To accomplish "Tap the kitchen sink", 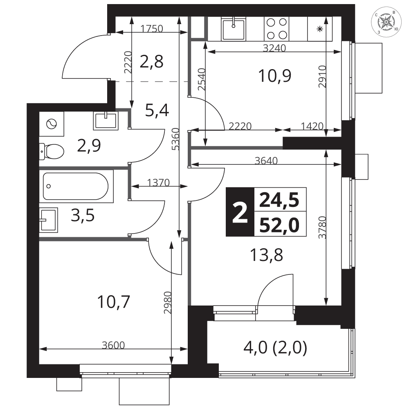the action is tap(234, 29).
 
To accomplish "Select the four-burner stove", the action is tap(276, 29).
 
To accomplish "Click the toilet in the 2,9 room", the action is tap(52, 151).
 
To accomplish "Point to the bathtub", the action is tap(76, 186).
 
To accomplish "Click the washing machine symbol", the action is tap(52, 124).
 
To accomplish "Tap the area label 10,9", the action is tap(275, 76).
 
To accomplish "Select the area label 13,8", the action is tap(266, 255).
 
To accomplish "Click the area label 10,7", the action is tap(113, 302).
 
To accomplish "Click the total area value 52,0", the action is tap(279, 225).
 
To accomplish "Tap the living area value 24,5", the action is tap(279, 200).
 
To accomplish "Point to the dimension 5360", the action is tap(176, 139).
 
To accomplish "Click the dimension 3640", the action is tap(266, 160).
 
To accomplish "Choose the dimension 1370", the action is tap(158, 182).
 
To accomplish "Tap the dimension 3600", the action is tap(113, 345).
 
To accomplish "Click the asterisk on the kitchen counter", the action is tap(319, 29).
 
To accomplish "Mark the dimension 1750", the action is tap(152, 28).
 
